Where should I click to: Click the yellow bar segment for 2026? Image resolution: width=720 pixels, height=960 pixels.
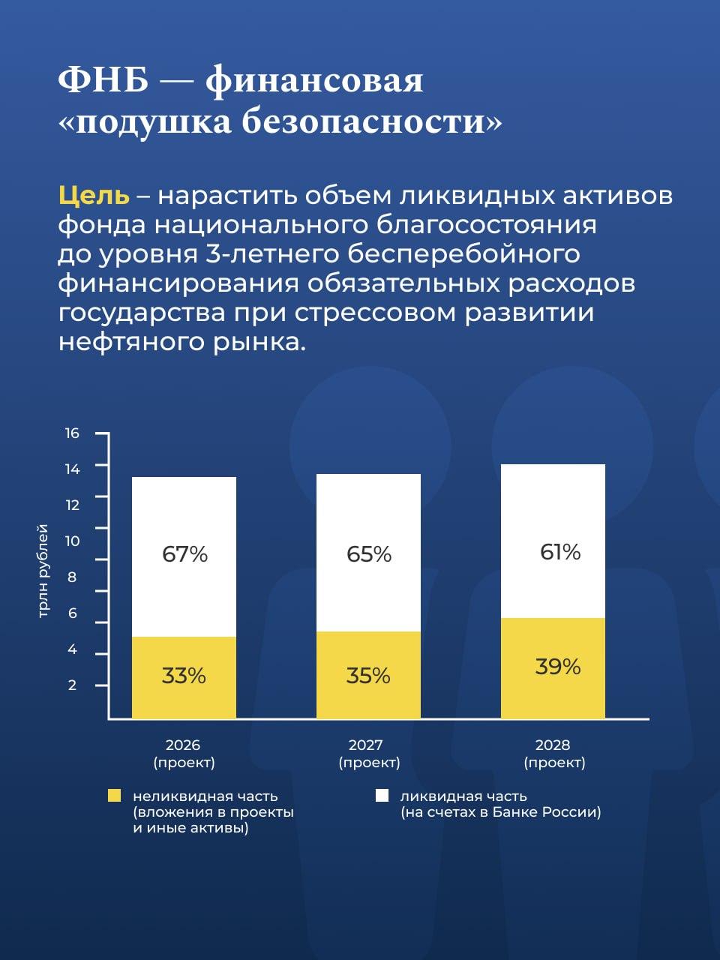coord(184,677)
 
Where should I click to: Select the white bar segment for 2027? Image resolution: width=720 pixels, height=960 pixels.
coord(368,553)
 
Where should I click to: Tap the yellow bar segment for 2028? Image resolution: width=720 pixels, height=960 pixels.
coord(553,667)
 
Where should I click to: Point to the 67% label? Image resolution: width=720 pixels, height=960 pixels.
coord(184,554)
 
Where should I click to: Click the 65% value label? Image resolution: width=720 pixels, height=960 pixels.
coord(369,554)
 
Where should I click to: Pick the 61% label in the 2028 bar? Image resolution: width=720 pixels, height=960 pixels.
coord(560,552)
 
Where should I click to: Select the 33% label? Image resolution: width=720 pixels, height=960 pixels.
coord(184,676)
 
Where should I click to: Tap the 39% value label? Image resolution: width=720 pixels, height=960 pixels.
coord(558,666)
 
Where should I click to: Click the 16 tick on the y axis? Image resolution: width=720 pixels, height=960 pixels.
coord(72,433)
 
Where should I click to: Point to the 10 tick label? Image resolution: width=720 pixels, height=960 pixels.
coord(72,541)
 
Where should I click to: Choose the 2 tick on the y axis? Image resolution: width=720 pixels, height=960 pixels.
coord(72,685)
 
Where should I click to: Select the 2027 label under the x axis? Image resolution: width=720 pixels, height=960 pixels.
coord(365,745)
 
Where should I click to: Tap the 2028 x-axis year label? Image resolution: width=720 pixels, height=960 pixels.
coord(553,745)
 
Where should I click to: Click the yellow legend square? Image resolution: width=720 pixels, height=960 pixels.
coord(114,796)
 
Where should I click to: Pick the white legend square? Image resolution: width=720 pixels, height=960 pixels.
coord(382,796)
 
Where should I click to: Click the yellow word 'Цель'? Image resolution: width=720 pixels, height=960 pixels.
coord(94,195)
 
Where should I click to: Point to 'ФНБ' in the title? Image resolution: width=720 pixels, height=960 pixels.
coord(103,79)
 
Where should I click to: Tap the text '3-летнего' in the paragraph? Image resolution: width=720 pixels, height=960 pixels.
coord(272,253)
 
